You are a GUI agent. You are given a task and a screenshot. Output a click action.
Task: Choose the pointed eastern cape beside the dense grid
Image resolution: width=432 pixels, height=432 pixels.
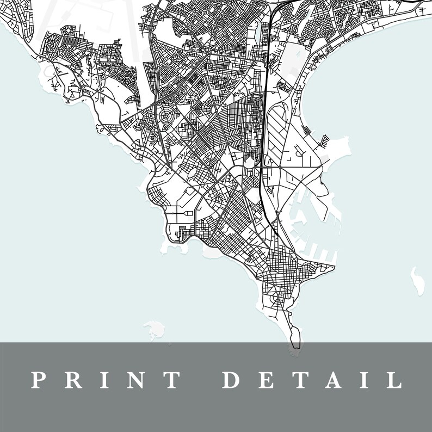coord(330,267)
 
